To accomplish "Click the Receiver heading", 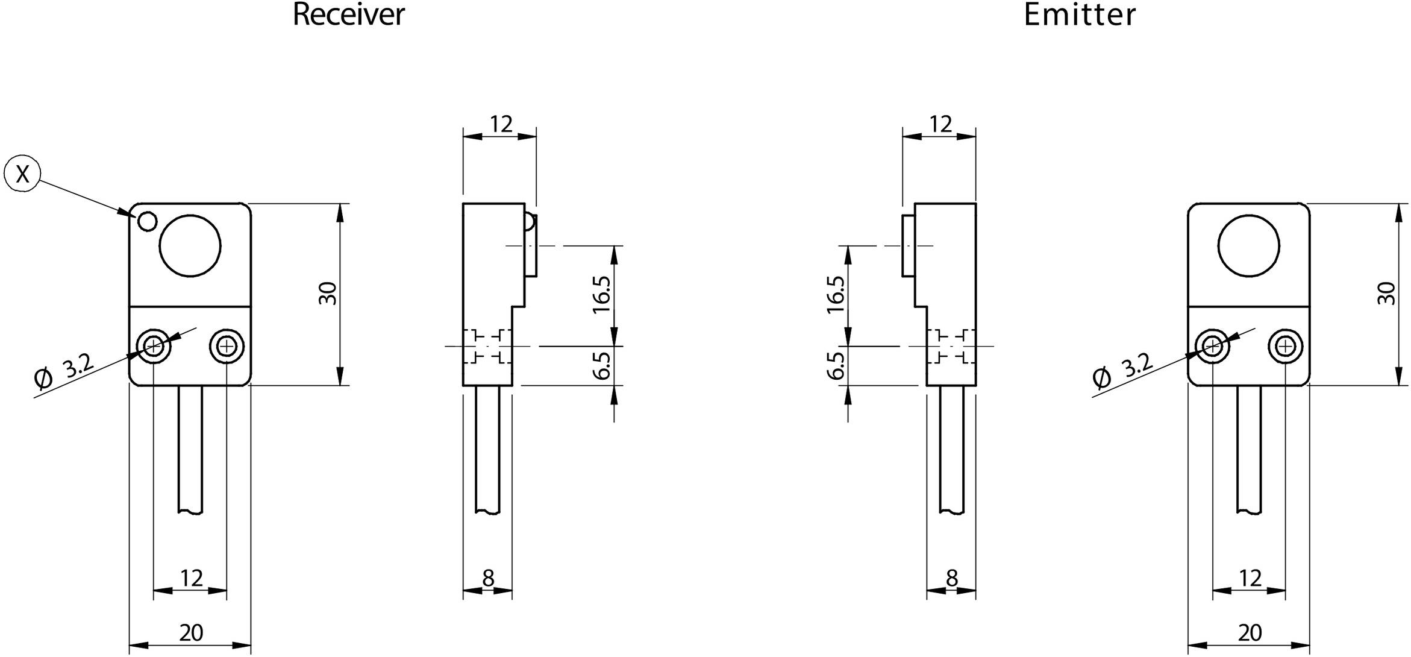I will click(x=348, y=14).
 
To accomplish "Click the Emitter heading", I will click(x=1079, y=14).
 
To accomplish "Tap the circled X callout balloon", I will click(x=22, y=174).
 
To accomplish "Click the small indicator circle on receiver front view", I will click(x=147, y=222).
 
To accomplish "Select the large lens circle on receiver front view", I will click(x=190, y=246).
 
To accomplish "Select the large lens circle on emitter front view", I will click(x=1248, y=246).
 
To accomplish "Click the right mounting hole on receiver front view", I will click(x=227, y=346).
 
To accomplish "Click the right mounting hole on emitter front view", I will click(x=1285, y=346).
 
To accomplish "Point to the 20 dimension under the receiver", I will click(x=191, y=633).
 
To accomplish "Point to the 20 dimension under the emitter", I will click(x=1250, y=633).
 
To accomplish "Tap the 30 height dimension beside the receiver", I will click(x=328, y=294).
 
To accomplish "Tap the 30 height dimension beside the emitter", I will click(x=1387, y=294).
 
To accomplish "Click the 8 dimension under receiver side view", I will click(x=488, y=579).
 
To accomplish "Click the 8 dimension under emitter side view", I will click(x=951, y=579).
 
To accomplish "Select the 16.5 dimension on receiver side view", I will click(x=602, y=295).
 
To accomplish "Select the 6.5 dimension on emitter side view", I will click(x=835, y=366).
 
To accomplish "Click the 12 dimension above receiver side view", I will click(x=501, y=124).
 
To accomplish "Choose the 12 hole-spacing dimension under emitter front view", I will click(x=1250, y=579).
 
